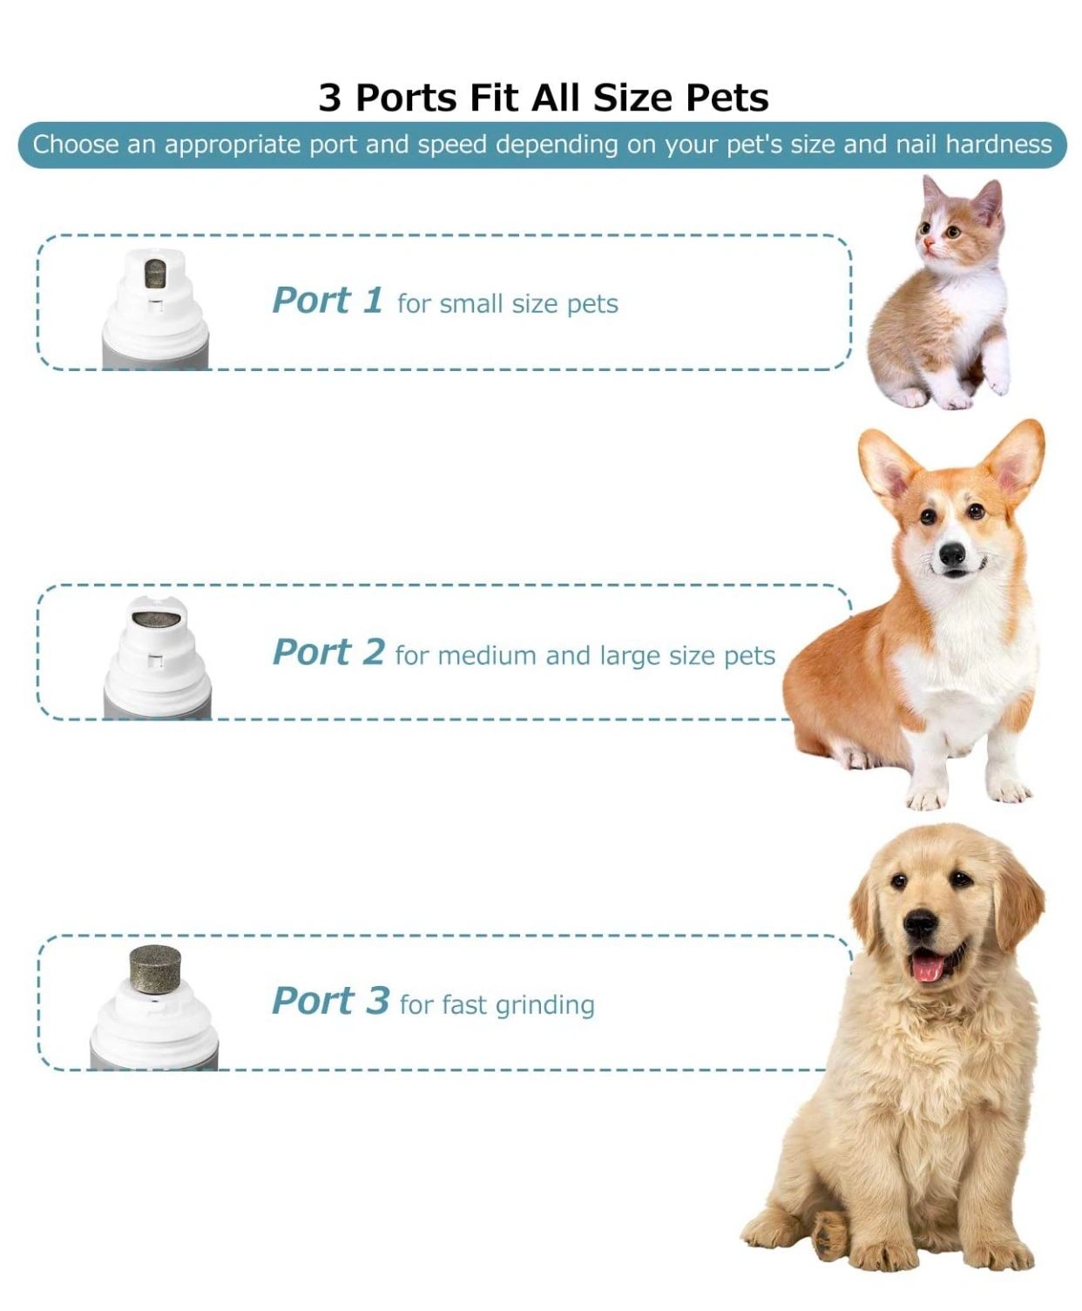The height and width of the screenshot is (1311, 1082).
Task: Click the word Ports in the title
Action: click(406, 98)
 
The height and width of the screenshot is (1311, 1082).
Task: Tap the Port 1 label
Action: click(328, 301)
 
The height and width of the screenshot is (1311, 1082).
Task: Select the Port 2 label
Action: click(328, 652)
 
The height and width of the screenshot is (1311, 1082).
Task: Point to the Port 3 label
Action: click(330, 1001)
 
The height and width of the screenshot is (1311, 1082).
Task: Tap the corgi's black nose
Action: click(952, 553)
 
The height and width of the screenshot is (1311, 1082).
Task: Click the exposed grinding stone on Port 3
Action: click(155, 971)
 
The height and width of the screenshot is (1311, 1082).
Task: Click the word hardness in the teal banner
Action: click(998, 145)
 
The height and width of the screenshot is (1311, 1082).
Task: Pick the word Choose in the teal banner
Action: click(76, 145)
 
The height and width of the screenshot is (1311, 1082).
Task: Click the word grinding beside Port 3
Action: click(545, 1005)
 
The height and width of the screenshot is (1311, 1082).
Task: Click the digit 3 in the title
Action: click(331, 98)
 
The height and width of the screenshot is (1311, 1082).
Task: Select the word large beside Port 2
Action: click(631, 657)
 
